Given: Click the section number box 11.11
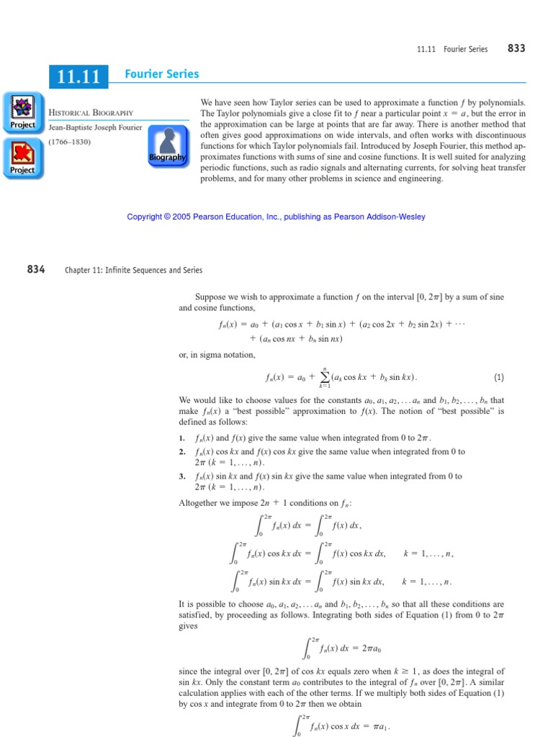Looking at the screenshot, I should tap(79, 76).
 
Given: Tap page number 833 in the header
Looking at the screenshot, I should tap(516, 48).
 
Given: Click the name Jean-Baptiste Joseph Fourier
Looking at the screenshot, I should tap(96, 127).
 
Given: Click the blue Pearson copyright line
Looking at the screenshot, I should tap(276, 217).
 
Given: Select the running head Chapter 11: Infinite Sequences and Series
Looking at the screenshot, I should tap(133, 270).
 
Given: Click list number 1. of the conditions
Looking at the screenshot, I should tap(182, 438).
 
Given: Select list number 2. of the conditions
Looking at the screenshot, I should tap(182, 451).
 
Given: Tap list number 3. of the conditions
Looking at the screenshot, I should tap(182, 476).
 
